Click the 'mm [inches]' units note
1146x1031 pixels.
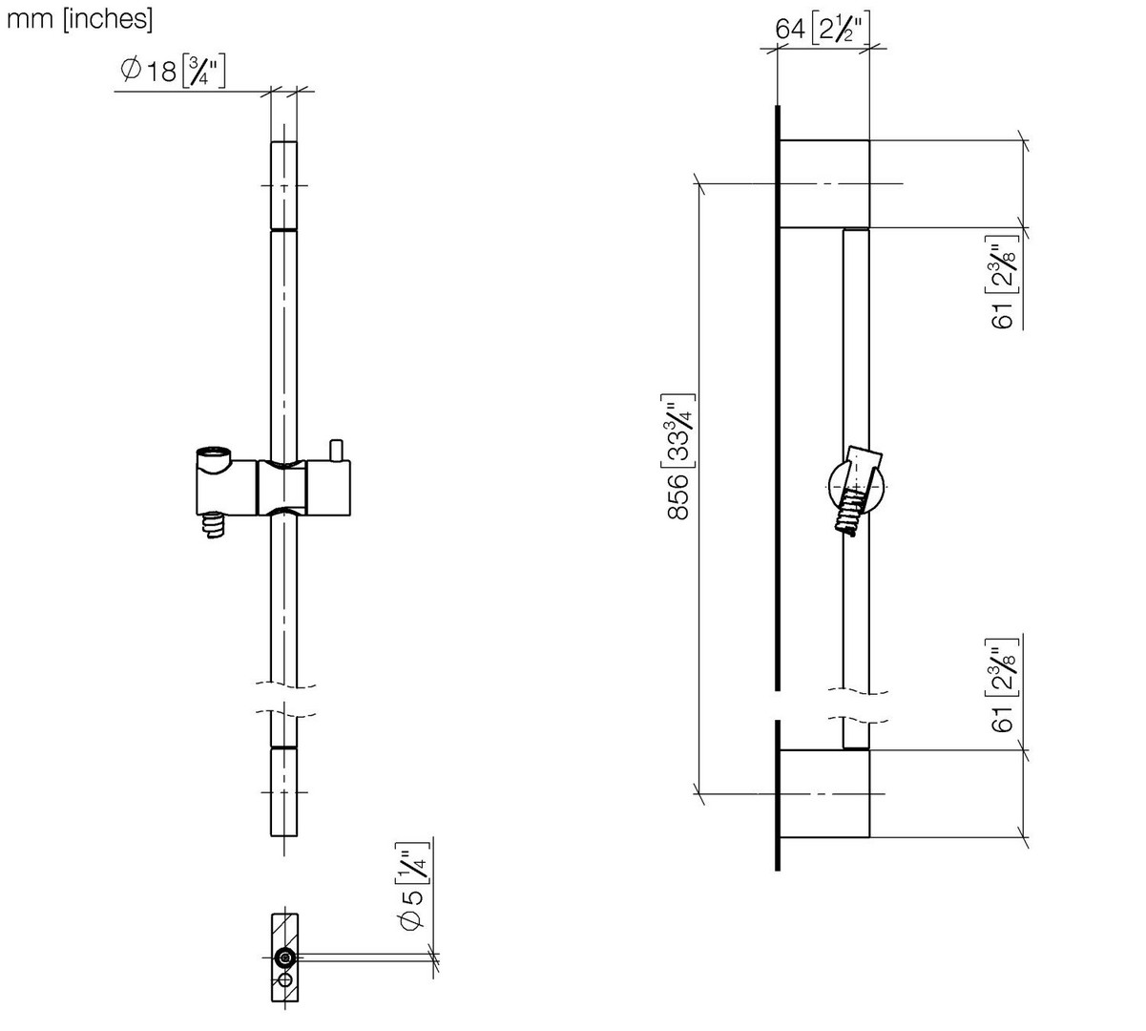tap(79, 19)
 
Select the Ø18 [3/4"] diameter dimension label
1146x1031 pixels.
tap(173, 71)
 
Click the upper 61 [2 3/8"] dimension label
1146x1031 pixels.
tap(1005, 282)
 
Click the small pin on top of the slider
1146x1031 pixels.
tap(336, 450)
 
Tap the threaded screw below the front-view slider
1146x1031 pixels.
tap(214, 526)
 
